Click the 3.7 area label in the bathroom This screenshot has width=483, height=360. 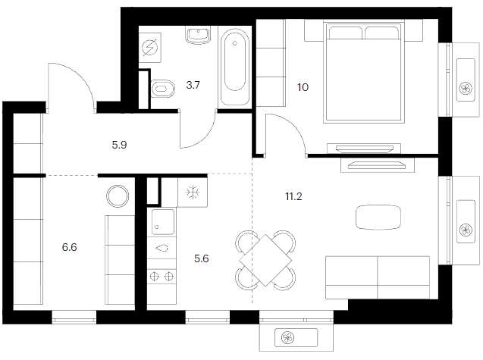click(193, 85)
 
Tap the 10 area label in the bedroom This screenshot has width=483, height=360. click(303, 87)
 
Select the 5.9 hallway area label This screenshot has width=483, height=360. click(119, 145)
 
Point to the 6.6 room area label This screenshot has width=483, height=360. click(69, 247)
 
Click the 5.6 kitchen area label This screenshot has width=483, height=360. click(202, 258)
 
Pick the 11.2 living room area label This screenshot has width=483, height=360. click(293, 196)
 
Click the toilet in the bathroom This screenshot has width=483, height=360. click(162, 89)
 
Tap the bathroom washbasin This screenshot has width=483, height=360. click(199, 35)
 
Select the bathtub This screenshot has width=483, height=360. click(235, 67)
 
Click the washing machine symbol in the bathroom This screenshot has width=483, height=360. click(149, 48)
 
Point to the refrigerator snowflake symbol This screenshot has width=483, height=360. click(193, 193)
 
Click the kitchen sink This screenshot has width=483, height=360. click(162, 222)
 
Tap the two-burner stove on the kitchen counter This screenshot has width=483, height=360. click(162, 277)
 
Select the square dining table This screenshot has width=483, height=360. click(265, 260)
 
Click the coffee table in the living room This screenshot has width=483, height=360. click(378, 217)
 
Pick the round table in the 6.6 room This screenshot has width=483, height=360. click(118, 196)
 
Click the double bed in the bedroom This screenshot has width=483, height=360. click(364, 71)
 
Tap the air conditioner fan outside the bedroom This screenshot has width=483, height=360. click(465, 89)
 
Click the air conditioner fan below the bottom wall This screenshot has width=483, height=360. click(288, 338)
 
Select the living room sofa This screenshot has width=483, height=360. click(378, 277)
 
